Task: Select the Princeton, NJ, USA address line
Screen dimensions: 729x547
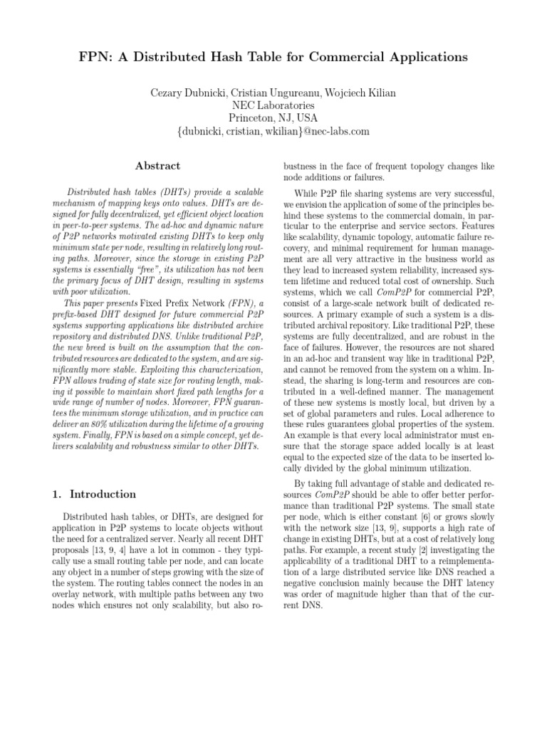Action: pyautogui.click(x=273, y=117)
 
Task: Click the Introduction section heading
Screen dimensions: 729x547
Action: pyautogui.click(x=102, y=494)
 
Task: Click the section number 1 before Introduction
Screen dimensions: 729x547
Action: pyautogui.click(x=57, y=494)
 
